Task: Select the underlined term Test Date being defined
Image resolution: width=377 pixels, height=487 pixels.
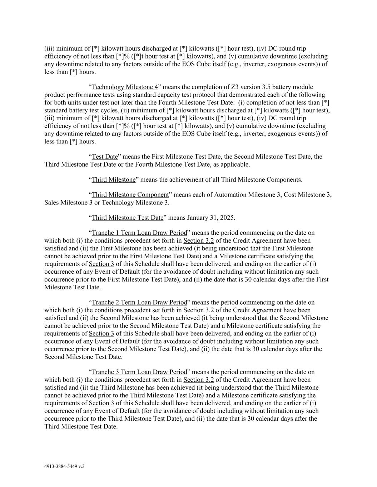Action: [105, 157]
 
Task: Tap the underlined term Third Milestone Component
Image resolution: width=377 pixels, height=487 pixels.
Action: [130, 195]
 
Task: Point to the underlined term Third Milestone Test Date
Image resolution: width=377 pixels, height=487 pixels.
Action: [128, 218]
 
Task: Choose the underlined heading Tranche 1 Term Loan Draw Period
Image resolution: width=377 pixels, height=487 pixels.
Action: [139, 233]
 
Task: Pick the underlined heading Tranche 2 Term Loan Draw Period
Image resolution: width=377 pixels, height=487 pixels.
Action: [139, 303]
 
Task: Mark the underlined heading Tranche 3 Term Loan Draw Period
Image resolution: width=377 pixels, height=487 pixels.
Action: [139, 372]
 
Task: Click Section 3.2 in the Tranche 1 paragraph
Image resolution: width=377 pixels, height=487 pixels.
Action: [198, 241]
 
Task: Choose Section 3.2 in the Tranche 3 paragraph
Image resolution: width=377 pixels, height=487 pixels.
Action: [198, 380]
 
